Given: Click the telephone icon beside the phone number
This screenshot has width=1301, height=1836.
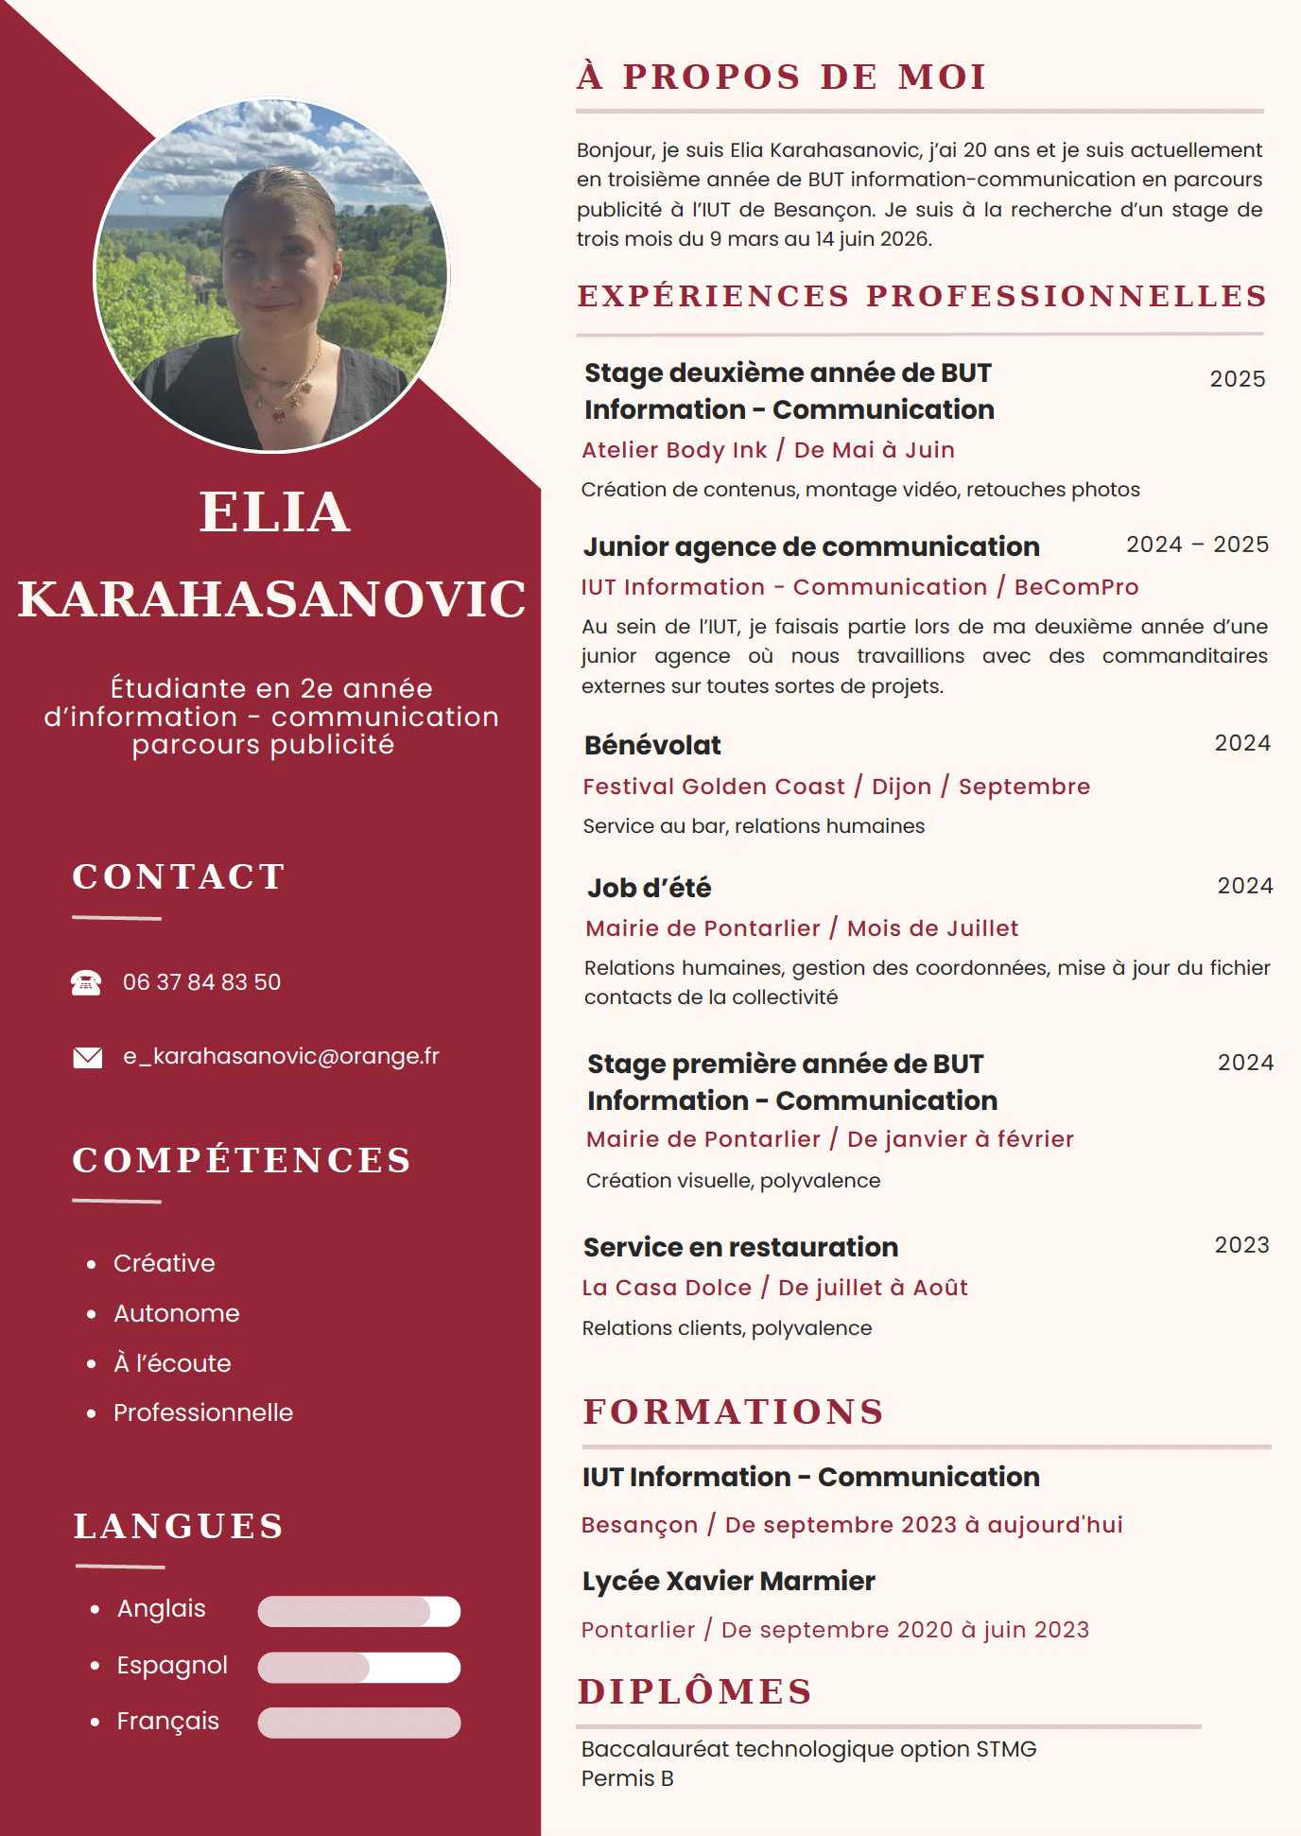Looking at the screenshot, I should pos(86,983).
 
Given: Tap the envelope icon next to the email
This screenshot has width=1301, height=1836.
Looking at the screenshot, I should pos(88,1057).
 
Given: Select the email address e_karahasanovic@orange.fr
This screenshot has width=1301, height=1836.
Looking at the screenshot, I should pos(281,1056).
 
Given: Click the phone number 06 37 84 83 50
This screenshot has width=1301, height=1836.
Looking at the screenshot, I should pos(201,982).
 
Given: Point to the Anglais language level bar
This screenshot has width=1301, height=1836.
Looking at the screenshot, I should pos(359,1611).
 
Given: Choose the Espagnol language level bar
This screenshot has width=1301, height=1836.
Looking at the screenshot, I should pos(359,1668).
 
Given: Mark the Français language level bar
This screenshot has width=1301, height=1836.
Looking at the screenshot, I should pos(359,1723).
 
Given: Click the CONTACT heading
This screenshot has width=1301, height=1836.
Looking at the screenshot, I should pos(179,876).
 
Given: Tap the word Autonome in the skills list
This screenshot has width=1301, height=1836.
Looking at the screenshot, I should pos(177,1313).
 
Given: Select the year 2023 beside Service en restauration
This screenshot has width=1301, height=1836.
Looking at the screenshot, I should pos(1241,1245).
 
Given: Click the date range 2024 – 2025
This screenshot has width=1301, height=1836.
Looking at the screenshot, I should pos(1197,545).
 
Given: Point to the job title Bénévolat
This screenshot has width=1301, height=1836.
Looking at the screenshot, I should pos(652,745).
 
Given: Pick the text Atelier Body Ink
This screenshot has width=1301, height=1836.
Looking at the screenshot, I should pos(674,450).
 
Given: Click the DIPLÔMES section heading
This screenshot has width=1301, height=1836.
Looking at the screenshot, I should pos(695,1691).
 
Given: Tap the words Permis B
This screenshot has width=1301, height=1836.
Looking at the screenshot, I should pos(628,1778).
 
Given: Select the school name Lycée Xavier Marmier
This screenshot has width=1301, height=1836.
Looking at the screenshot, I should pos(728,1581).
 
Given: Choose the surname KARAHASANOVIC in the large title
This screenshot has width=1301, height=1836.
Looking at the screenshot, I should pos(272,599).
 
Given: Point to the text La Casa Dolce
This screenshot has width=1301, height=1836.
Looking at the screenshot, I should pos(667,1288).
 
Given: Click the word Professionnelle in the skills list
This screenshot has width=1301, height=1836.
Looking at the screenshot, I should pos(203,1412).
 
